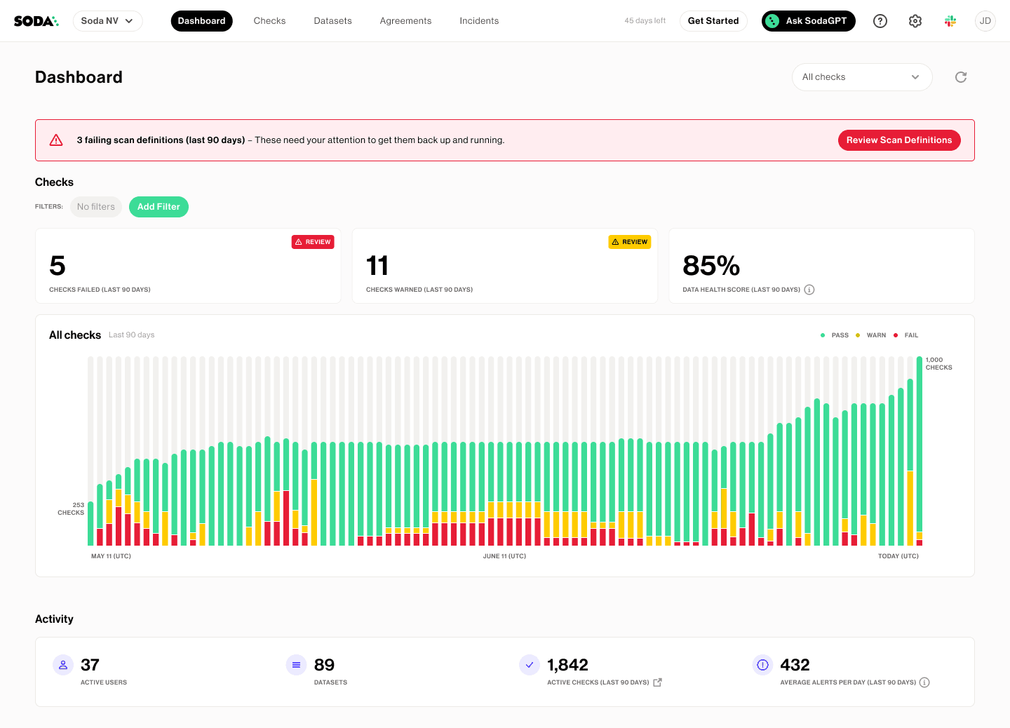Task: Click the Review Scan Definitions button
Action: coord(898,140)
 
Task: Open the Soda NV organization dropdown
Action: coord(107,21)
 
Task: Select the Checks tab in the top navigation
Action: coord(269,21)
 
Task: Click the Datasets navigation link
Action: coord(332,21)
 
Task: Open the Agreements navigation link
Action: coord(405,21)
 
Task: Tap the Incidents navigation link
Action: coord(479,21)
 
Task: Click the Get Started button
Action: coord(713,21)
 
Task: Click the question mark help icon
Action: coord(880,21)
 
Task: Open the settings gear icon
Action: coord(915,21)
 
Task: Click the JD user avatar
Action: coord(985,21)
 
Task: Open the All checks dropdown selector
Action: coord(861,77)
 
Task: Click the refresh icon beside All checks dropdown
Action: coord(961,77)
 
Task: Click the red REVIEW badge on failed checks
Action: coord(313,242)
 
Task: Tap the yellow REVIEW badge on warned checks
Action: coord(629,242)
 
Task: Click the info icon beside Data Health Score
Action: coord(809,290)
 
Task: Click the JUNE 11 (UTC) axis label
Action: coord(504,556)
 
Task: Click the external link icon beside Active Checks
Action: coord(657,682)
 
